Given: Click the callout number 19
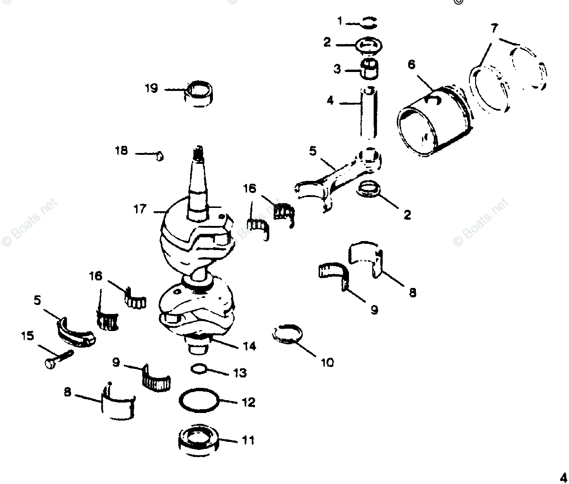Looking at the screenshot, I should click(x=151, y=89).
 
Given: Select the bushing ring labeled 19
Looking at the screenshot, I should click(x=199, y=93).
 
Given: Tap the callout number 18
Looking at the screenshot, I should click(x=121, y=151).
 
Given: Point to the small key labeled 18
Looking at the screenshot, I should click(x=160, y=155).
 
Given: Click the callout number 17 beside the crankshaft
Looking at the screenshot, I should click(x=140, y=209).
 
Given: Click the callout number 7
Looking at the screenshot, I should click(x=494, y=28).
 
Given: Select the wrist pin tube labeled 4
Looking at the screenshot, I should click(x=368, y=114).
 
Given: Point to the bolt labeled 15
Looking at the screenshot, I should click(x=57, y=359).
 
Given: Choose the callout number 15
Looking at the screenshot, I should click(x=28, y=336).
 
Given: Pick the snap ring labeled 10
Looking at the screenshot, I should click(x=288, y=333).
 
